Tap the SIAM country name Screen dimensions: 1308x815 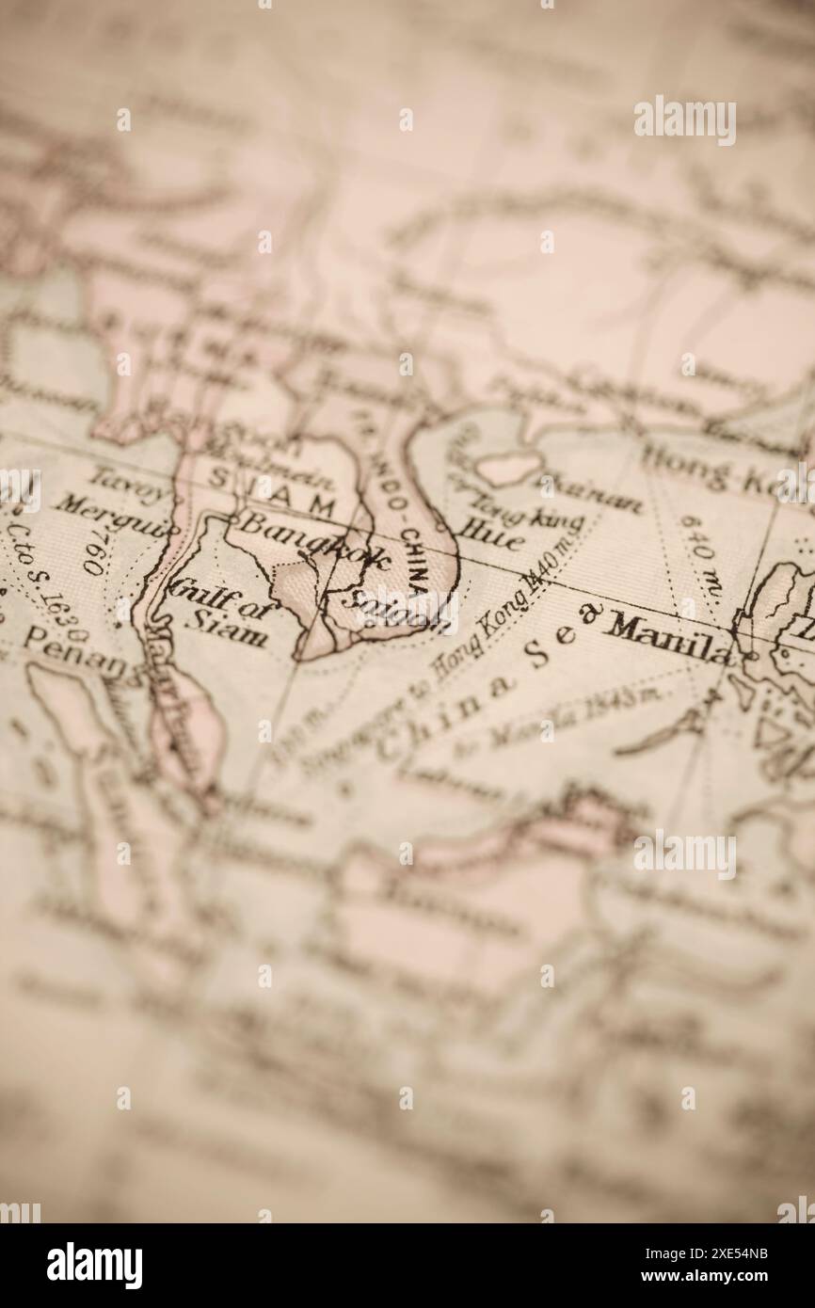tap(270, 489)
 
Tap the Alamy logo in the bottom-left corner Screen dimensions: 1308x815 tap(95, 1266)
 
